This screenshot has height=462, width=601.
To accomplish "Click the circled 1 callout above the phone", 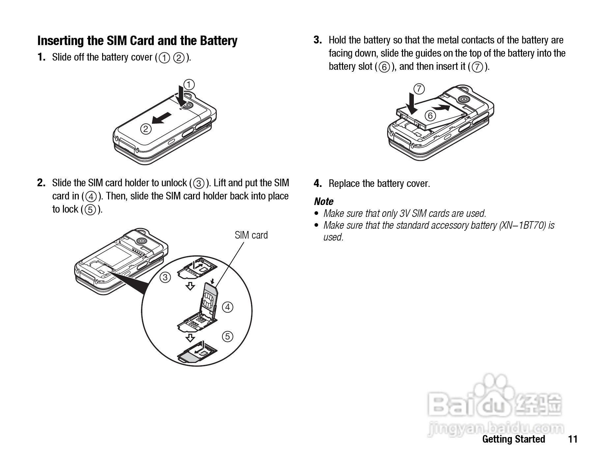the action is tap(189, 85).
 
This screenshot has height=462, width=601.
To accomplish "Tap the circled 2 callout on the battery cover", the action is tap(146, 129).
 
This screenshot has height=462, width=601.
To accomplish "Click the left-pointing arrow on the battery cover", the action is tap(162, 118).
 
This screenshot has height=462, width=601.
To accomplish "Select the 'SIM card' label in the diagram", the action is tap(251, 235).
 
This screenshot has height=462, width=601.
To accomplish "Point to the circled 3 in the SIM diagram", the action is tap(165, 277).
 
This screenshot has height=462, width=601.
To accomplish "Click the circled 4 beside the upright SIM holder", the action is tap(228, 307).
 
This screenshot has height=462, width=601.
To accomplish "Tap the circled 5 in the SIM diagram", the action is tap(227, 336).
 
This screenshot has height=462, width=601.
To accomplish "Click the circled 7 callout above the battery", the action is tap(419, 89).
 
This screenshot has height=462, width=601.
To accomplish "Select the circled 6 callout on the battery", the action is tap(430, 115).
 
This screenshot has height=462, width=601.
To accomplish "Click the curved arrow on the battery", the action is tap(441, 107).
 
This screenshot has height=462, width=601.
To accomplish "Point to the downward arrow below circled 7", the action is tap(411, 103).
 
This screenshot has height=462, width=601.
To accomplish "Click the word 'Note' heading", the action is tap(324, 201).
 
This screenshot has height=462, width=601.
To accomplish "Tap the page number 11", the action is tap(573, 439).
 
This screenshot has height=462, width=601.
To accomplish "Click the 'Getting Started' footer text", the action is tap(514, 439).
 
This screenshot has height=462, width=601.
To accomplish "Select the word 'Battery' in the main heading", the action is tap(218, 41).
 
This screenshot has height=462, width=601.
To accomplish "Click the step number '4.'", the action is tap(318, 183).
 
